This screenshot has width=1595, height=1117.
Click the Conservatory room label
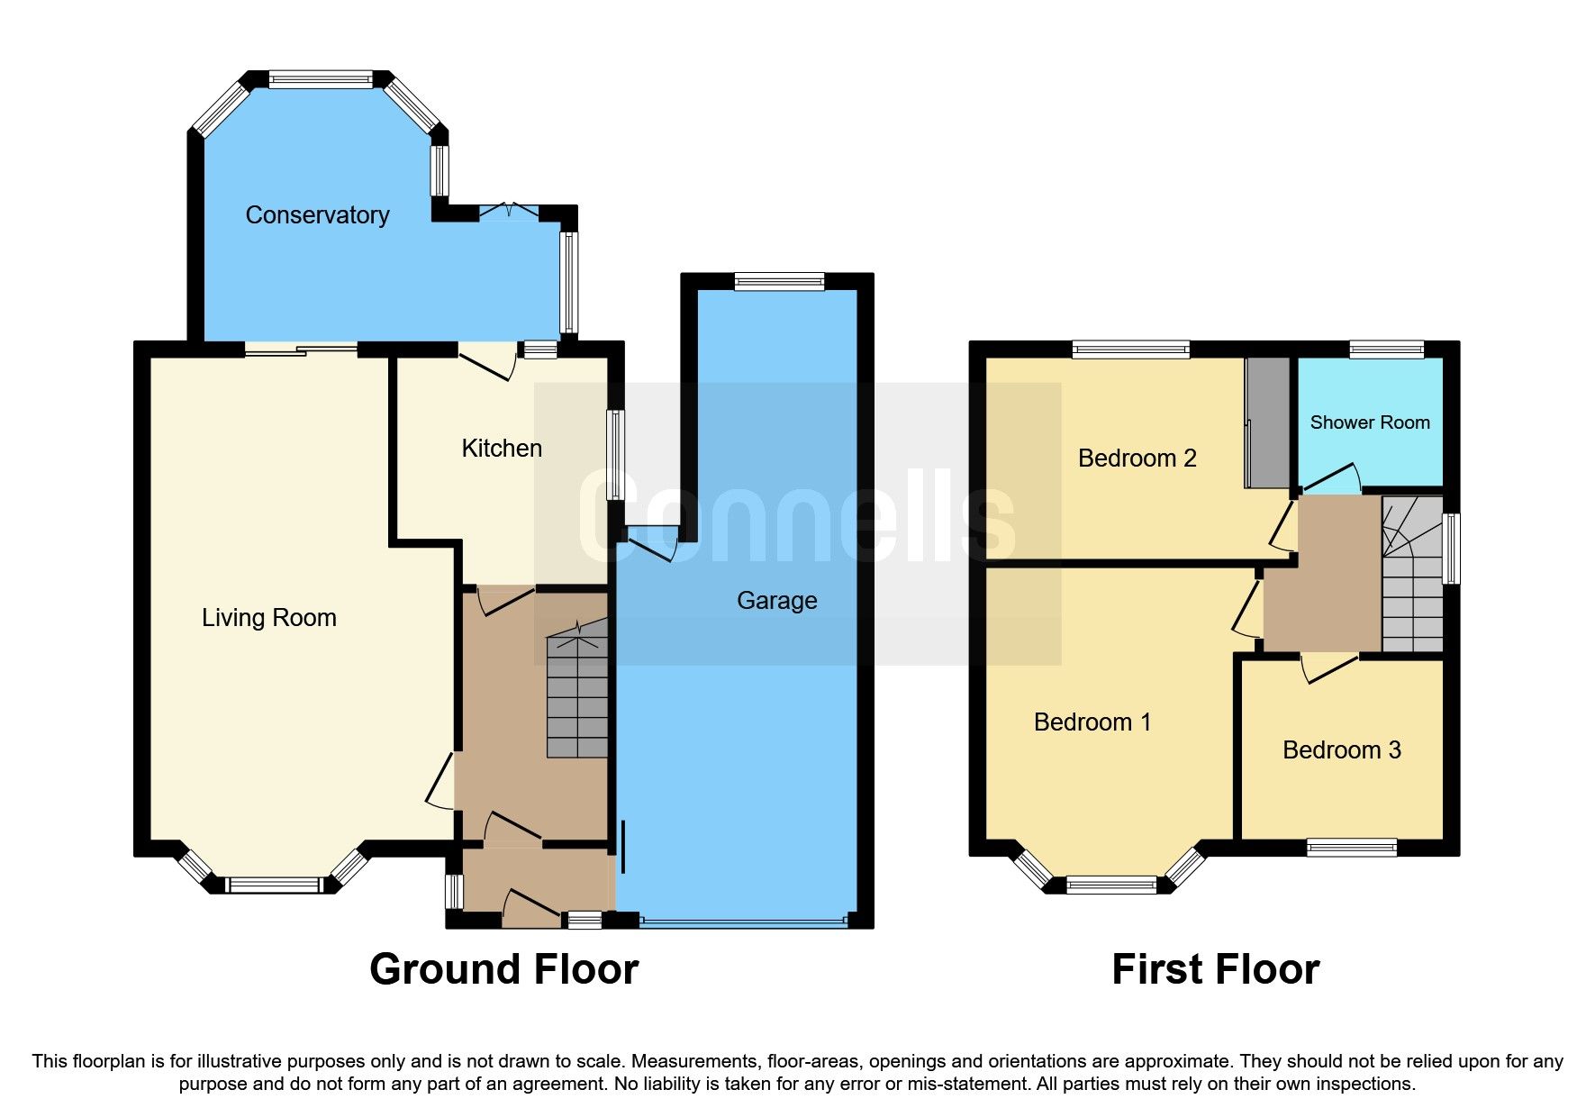tap(317, 215)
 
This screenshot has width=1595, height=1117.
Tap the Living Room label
tap(268, 618)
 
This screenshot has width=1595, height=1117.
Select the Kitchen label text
tap(502, 449)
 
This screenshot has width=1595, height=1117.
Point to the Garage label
tap(776, 601)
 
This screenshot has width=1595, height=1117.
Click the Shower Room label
tap(1369, 422)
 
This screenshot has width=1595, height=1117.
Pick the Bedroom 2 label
tap(1137, 459)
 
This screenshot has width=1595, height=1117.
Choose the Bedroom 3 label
tap(1341, 750)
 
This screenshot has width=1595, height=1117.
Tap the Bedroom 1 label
tap(1092, 722)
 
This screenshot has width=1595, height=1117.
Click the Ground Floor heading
tap(503, 970)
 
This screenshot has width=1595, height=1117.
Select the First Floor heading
tap(1215, 970)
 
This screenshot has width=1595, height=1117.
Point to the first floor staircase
tap(1412, 577)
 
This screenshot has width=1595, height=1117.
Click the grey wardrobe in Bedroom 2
tap(1268, 423)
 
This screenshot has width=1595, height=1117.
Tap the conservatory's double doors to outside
tap(509, 212)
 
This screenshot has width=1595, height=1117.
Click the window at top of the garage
tap(779, 282)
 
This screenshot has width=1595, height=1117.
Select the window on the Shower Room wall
tap(1386, 350)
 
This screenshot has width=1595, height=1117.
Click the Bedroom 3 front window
tap(1351, 847)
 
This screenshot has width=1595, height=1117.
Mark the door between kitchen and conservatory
tap(487, 362)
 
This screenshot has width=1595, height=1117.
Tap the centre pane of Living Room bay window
tap(273, 885)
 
